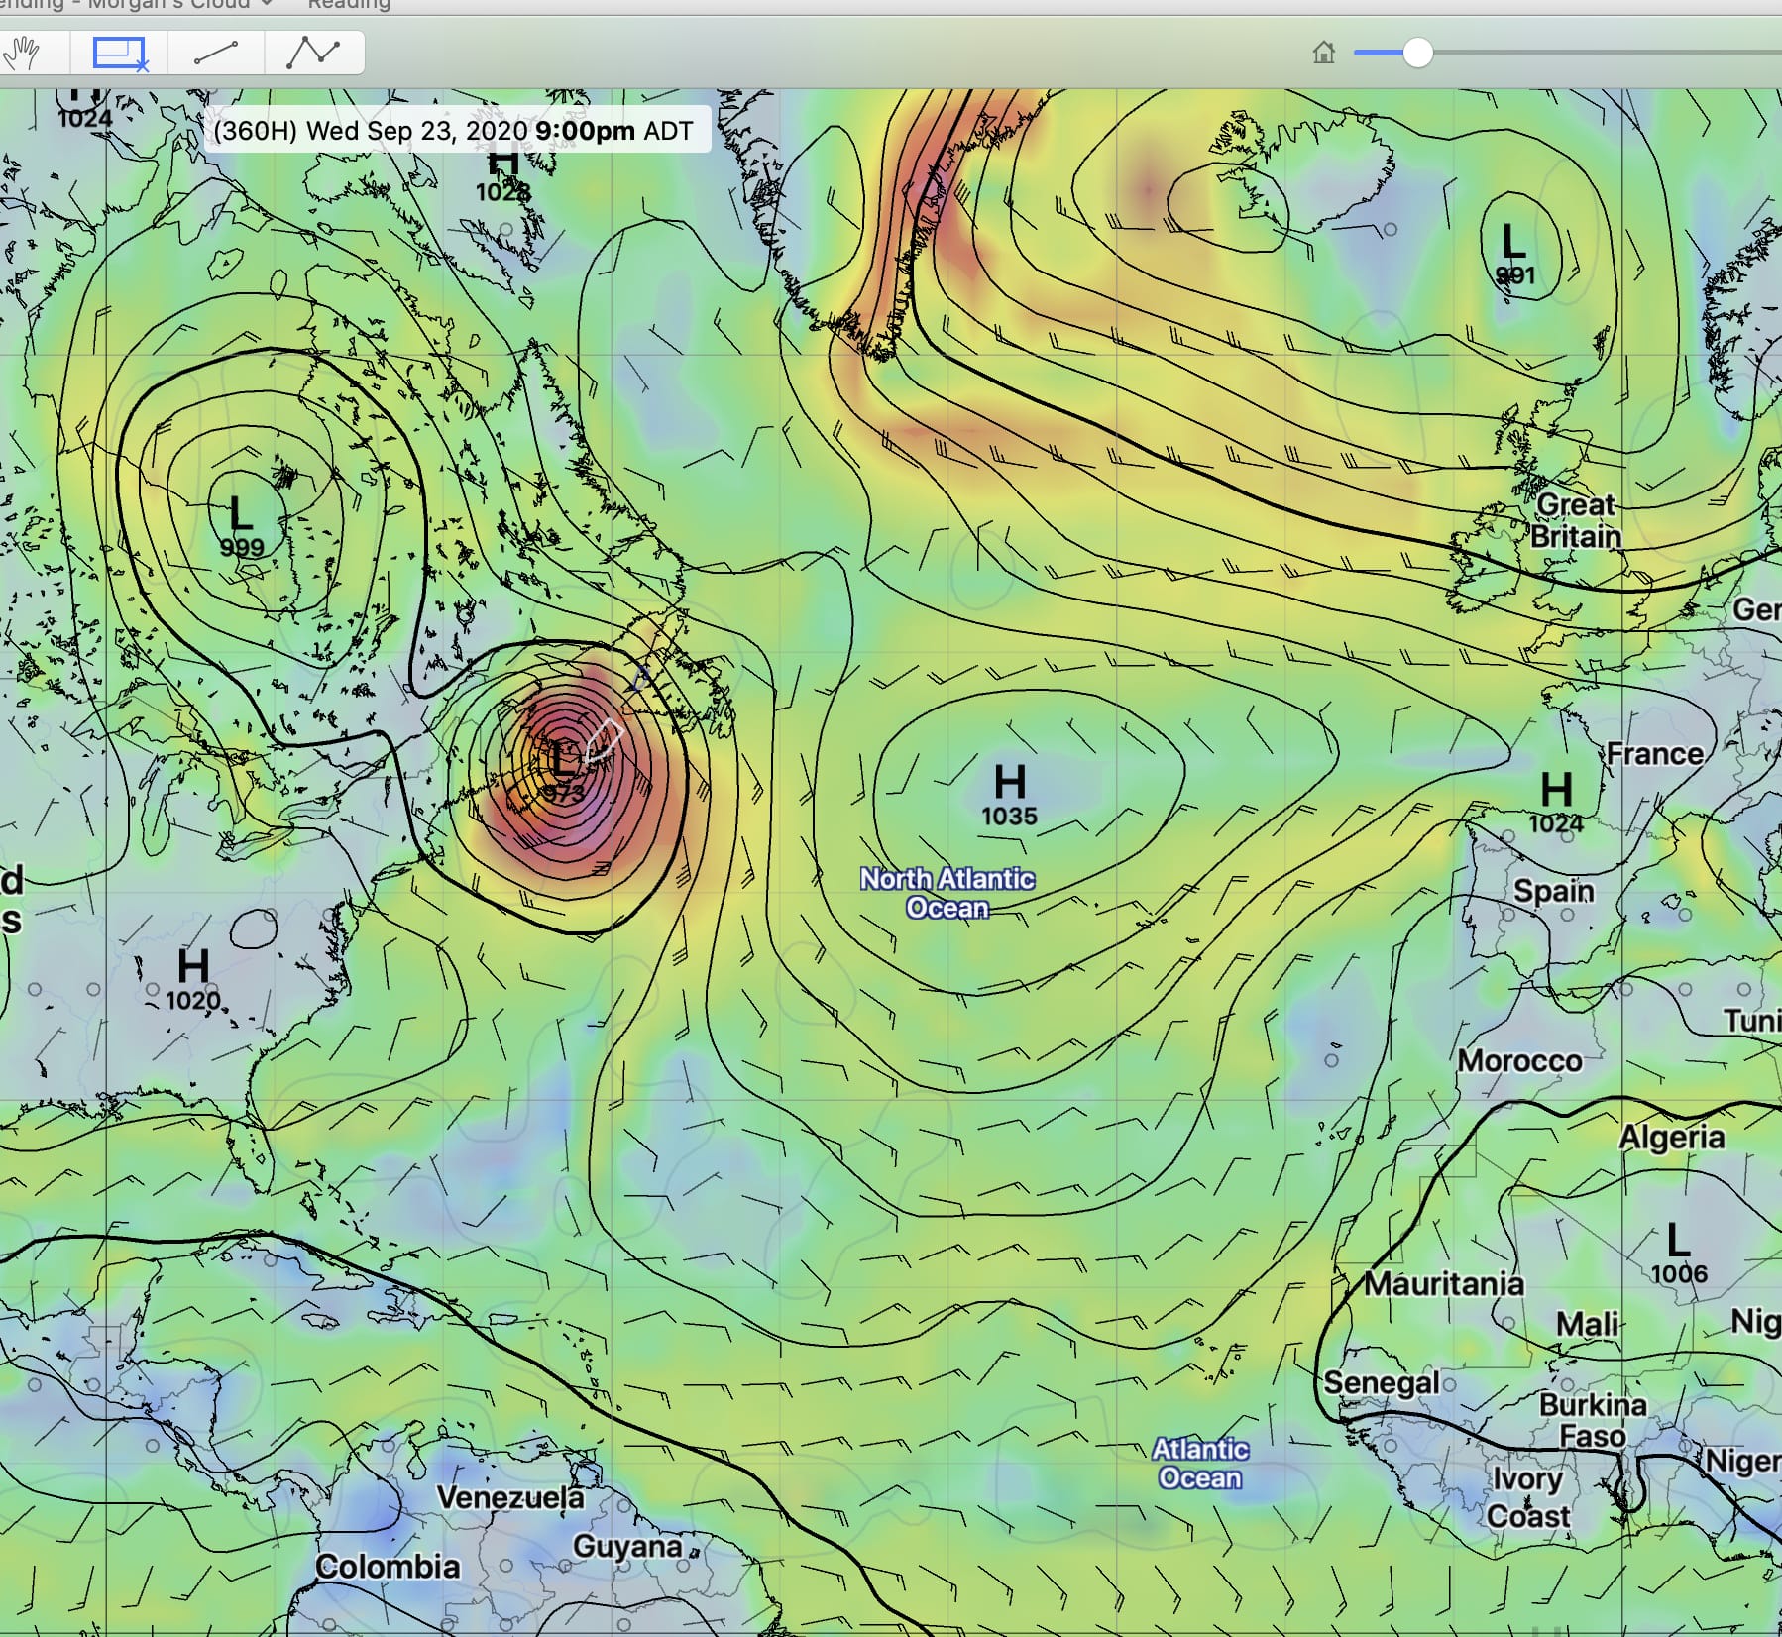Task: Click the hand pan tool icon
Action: pos(22,53)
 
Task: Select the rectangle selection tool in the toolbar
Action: pos(119,53)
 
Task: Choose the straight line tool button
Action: pos(216,53)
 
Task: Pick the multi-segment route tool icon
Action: pos(313,53)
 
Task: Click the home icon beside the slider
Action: pos(1323,53)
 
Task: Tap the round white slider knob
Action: pos(1417,53)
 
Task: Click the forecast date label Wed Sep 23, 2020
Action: pos(416,131)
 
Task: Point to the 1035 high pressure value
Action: pos(1009,817)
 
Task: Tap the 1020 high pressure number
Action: pos(192,1000)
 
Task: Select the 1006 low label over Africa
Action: pos(1679,1273)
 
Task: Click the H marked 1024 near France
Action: pos(1556,791)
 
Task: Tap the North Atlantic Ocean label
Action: pos(947,893)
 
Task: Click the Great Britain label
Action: pos(1576,521)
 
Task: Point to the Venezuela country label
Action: pos(510,1497)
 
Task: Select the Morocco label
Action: pos(1519,1061)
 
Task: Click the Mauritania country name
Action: pos(1444,1284)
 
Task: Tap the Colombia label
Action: pos(388,1567)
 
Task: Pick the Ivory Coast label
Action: pos(1528,1498)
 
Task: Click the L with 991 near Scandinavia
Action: pos(1512,241)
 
